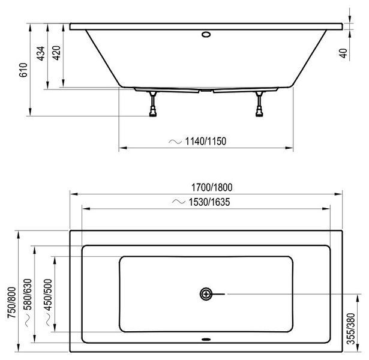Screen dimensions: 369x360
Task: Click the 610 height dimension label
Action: click(23, 70)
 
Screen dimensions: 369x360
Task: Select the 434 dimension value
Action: click(41, 53)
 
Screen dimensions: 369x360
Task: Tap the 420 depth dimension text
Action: click(56, 53)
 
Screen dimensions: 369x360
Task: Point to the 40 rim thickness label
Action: click(344, 53)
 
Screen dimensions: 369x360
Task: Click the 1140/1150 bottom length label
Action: click(206, 141)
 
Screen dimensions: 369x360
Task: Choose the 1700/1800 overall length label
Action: click(212, 188)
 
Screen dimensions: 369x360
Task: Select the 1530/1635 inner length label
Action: click(209, 202)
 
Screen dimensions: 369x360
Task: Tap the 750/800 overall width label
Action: click(12, 302)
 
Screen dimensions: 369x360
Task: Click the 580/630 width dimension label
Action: click(28, 295)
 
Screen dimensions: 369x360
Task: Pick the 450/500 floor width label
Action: click(48, 295)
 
